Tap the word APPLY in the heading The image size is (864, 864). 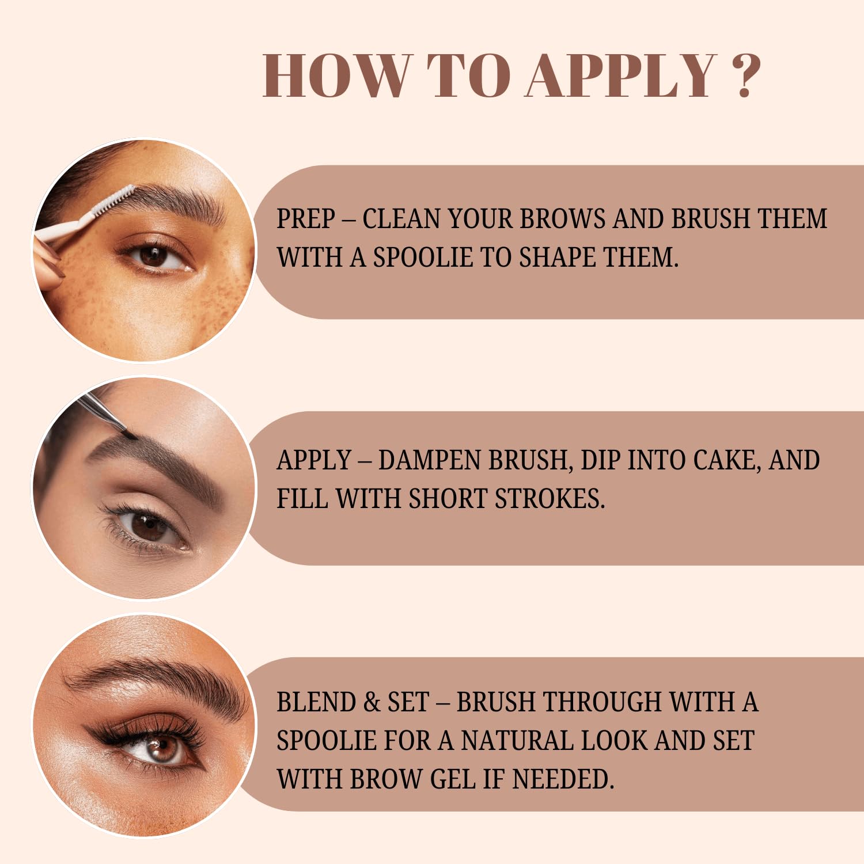point(621,76)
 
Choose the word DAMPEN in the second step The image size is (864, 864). point(430,461)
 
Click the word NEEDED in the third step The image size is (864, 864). point(562,779)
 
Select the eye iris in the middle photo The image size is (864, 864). point(145,526)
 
